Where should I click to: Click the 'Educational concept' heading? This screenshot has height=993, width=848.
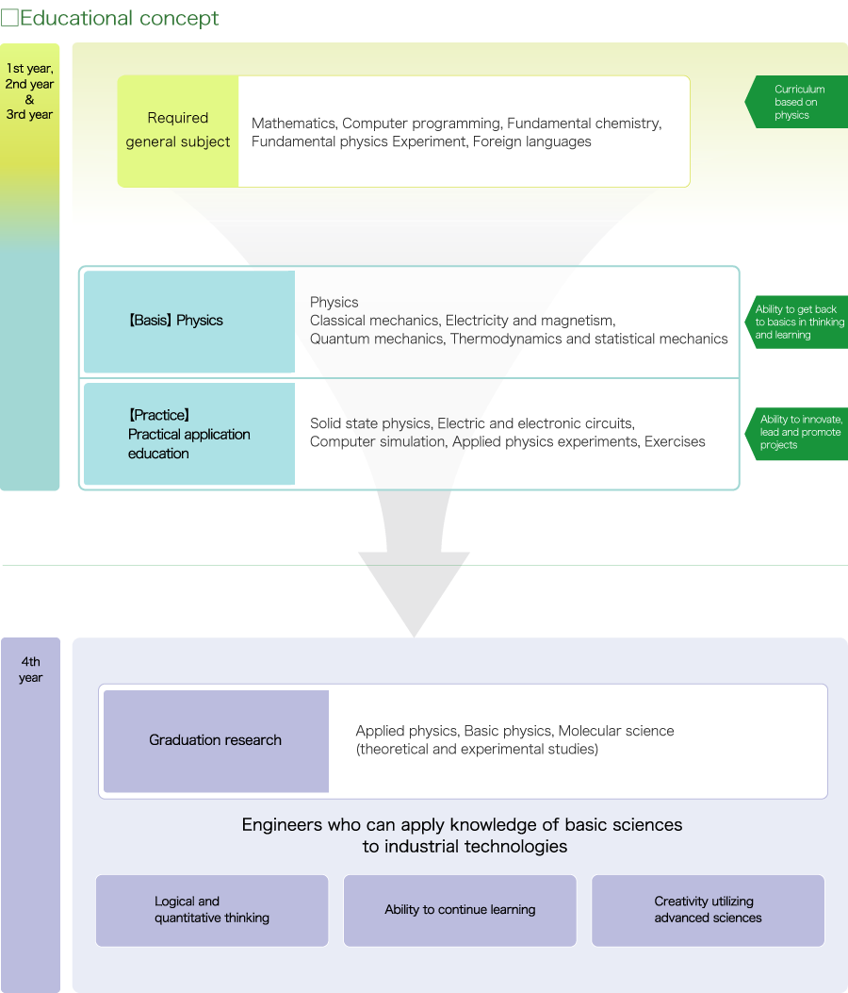(119, 18)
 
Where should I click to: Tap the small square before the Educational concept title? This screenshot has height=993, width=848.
(9, 18)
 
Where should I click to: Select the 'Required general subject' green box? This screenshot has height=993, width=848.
(178, 131)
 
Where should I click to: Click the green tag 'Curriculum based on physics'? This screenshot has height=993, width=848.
(797, 102)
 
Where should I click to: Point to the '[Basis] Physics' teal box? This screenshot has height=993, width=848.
(189, 321)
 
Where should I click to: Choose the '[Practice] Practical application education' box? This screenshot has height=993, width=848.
(189, 434)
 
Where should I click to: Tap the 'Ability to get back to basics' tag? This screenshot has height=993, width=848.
(797, 323)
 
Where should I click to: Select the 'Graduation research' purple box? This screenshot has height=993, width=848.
(216, 741)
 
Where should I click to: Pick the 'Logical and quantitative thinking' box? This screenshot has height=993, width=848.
(212, 911)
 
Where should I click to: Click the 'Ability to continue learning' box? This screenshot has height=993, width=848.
(460, 911)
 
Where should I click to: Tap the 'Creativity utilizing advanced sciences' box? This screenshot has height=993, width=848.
(709, 911)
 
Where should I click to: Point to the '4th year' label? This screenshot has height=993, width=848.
(30, 670)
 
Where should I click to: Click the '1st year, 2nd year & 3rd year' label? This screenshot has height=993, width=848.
(30, 91)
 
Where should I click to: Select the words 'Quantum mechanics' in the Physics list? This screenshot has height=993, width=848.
(377, 339)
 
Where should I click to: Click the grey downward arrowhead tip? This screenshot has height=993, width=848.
(414, 637)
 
